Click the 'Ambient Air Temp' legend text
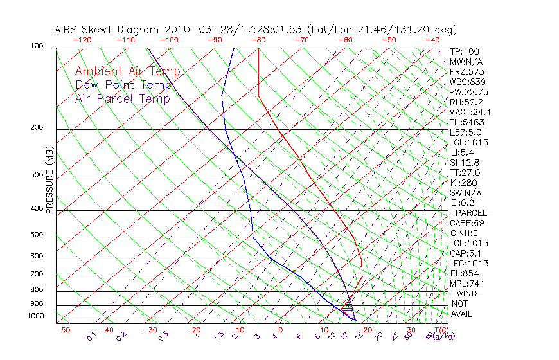tap(127, 71)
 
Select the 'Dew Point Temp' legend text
tap(123, 85)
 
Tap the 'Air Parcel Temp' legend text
tap(122, 98)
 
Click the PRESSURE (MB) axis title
tap(49, 181)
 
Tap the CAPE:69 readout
tap(466, 222)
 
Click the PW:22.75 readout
tap(468, 92)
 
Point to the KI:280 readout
tap(464, 183)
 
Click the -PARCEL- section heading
tap(471, 213)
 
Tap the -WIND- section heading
tap(466, 293)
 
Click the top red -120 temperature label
tap(82, 40)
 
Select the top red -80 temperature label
tap(258, 40)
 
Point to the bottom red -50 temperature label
tap(62, 330)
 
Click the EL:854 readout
tap(464, 273)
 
